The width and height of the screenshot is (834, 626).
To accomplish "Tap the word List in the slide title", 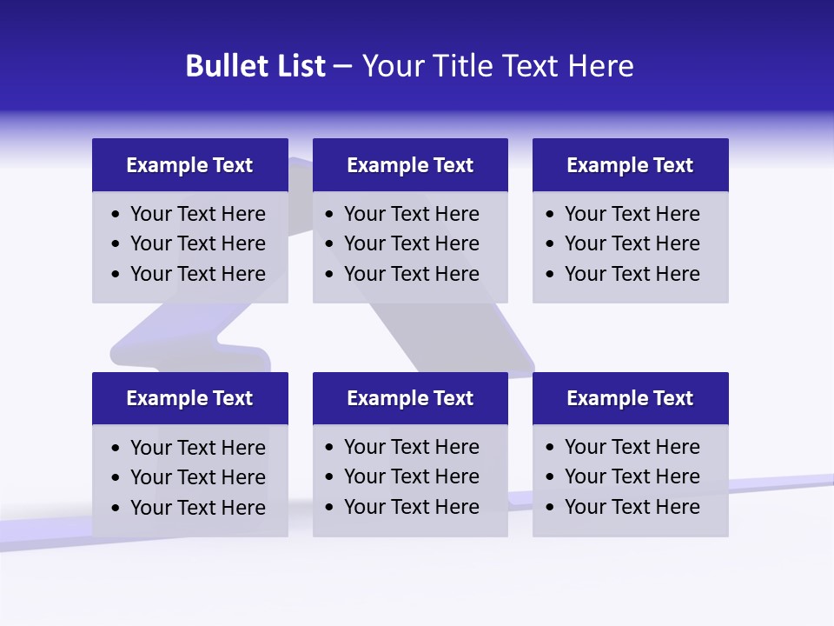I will point(297,66).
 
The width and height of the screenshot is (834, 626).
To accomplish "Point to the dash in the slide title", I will point(342,67).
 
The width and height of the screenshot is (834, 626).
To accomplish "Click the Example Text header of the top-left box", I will point(189,165).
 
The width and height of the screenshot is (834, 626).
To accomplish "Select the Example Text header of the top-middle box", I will point(410,165).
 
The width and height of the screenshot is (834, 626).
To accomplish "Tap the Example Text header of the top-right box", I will point(630,165).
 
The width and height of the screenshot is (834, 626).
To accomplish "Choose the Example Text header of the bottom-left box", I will point(189,398).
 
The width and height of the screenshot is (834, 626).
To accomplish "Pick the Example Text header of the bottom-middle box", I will point(410,398).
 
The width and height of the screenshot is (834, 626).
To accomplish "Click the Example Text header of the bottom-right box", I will point(630,398).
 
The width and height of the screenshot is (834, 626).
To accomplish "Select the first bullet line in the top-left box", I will point(198,214).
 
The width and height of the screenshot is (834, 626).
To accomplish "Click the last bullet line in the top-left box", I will point(198,274).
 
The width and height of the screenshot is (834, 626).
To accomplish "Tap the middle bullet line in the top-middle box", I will point(412,243).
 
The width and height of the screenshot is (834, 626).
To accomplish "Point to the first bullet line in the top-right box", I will point(632,214).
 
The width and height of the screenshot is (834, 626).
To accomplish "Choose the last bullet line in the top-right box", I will point(632,274).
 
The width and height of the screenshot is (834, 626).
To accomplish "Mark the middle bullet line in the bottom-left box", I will point(198,477).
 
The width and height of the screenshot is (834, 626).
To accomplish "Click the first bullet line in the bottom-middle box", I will point(412,447).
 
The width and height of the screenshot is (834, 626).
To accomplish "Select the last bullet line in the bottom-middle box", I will point(412,507).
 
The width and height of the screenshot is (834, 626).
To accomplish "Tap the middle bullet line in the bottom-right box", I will point(632,476).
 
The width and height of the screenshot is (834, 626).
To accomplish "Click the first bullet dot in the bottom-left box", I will point(116,449).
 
